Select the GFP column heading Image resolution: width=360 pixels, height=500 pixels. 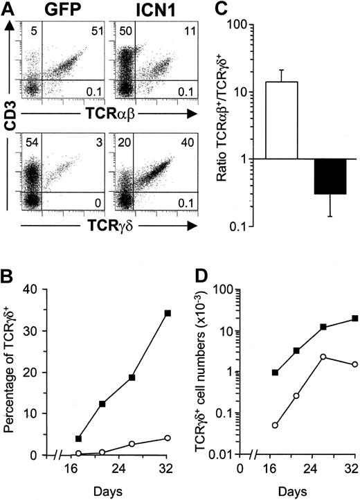[57, 11]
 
